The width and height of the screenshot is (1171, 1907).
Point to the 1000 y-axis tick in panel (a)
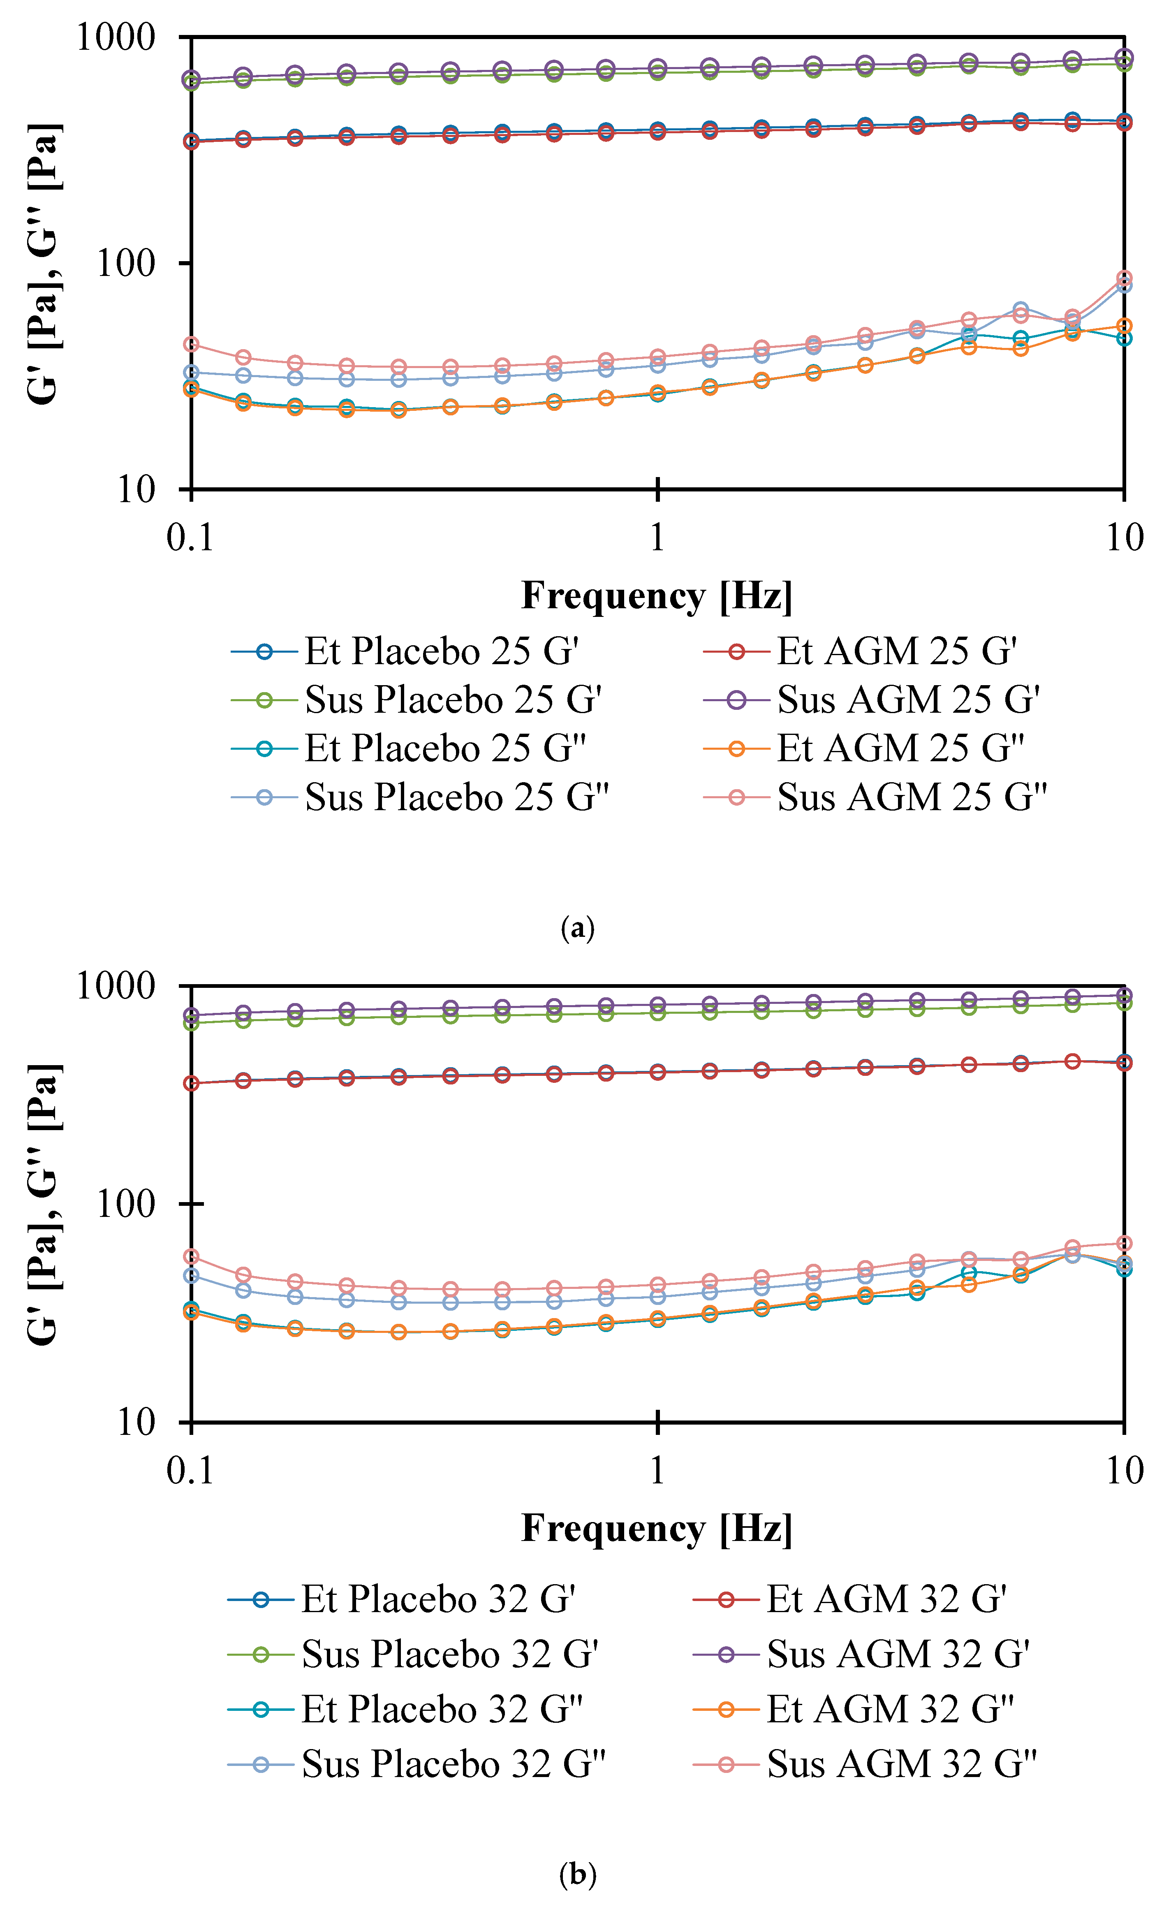pos(116,37)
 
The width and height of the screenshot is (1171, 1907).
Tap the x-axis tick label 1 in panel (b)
pos(657,1470)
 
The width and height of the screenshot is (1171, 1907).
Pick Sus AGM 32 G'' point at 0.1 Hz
pos(190,1256)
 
